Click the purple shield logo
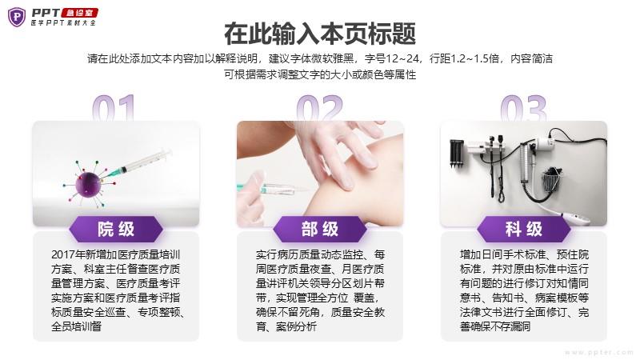17,17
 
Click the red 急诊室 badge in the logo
79,13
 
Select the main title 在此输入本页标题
320,34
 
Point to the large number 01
114,108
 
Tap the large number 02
319,108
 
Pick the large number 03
523,108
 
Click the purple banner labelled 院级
116,229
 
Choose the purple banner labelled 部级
320,229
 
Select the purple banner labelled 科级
524,229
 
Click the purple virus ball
88,185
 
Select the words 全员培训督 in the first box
76,326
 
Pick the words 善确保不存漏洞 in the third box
495,326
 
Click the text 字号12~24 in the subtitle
392,58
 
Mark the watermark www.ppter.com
598,352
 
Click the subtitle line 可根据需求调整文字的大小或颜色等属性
320,74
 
